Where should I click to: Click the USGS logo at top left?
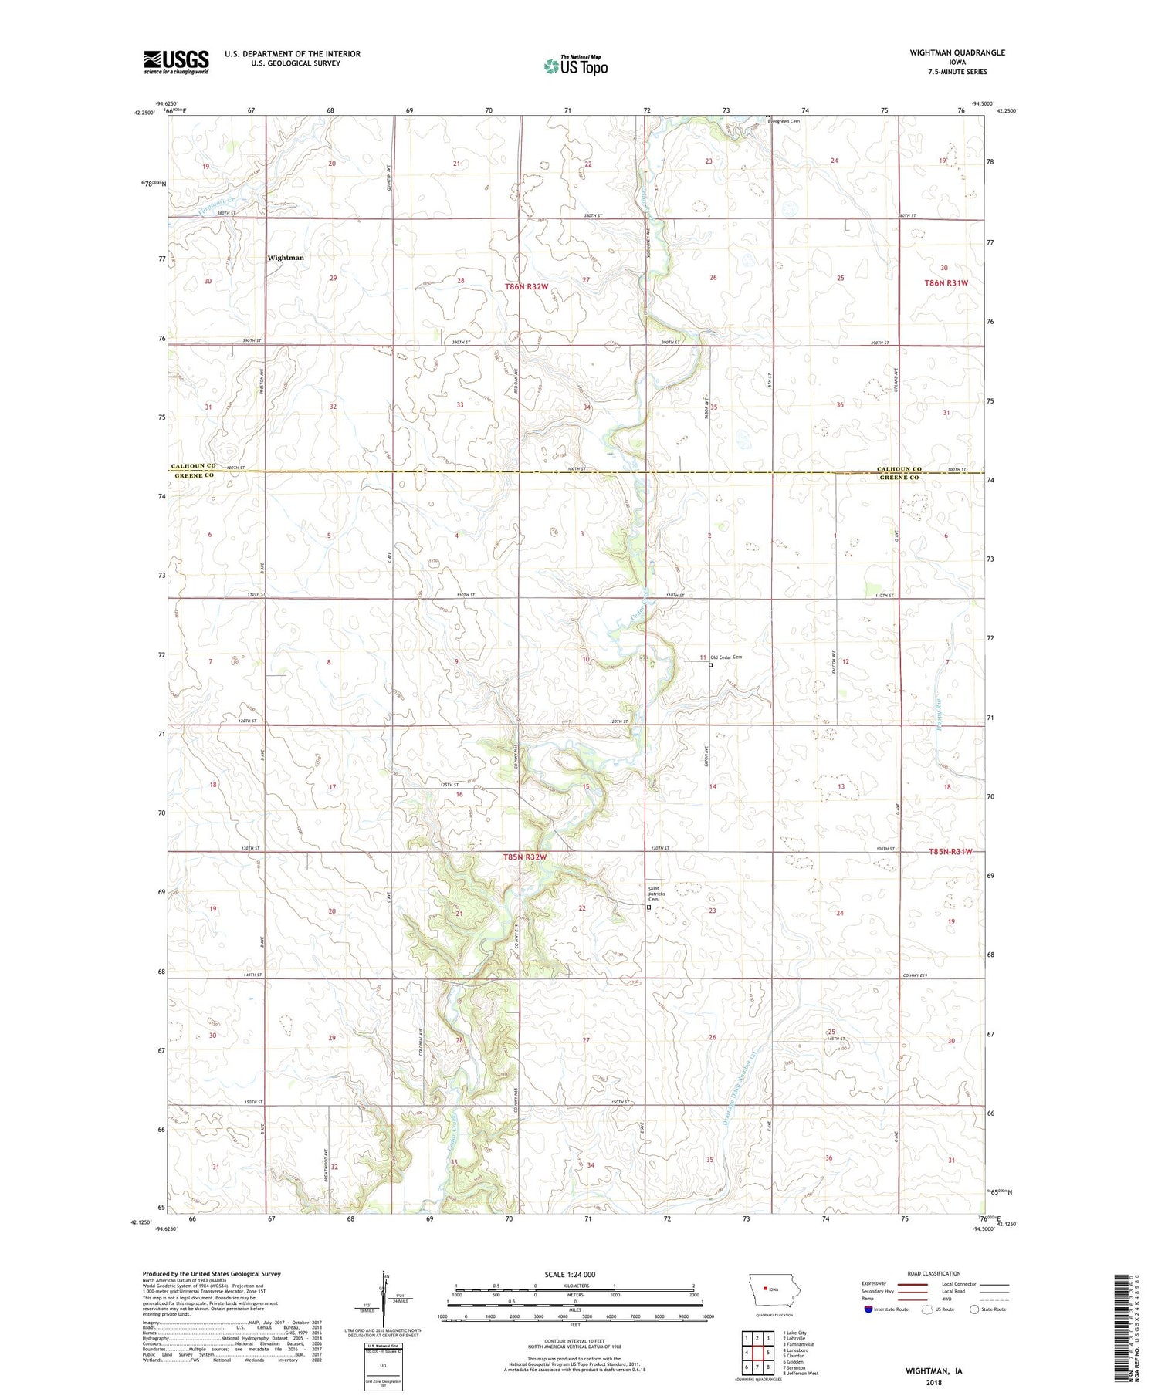click(x=176, y=62)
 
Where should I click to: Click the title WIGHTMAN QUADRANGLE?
click(x=957, y=52)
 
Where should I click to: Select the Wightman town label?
click(x=286, y=258)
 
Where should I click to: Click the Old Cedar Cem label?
click(x=726, y=657)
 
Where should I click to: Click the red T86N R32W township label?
click(x=526, y=286)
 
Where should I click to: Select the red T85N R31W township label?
click(x=950, y=852)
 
